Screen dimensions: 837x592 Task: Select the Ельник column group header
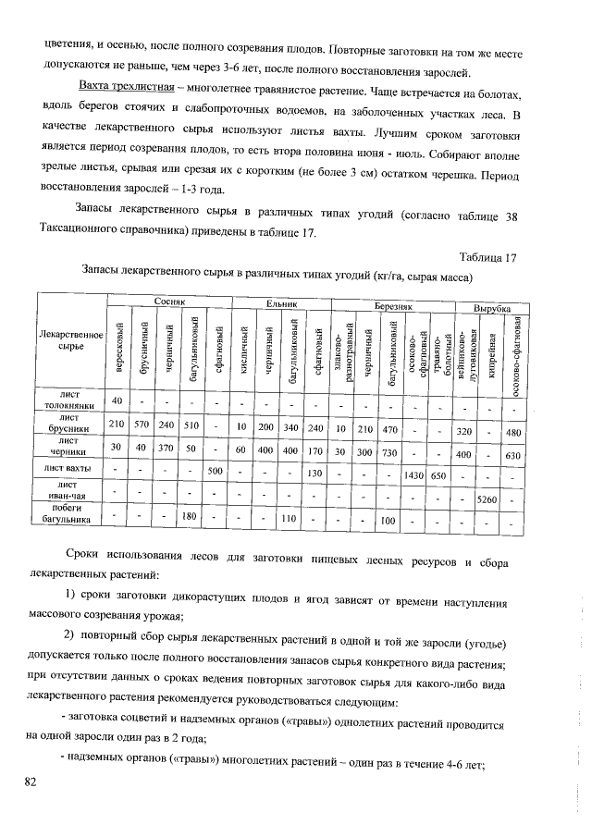click(x=280, y=303)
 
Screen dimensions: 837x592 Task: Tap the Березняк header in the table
click(x=392, y=304)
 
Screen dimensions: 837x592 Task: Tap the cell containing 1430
click(x=413, y=474)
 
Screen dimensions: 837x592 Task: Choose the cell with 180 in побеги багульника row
click(x=191, y=516)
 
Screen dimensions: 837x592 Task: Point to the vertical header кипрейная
click(x=493, y=350)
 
